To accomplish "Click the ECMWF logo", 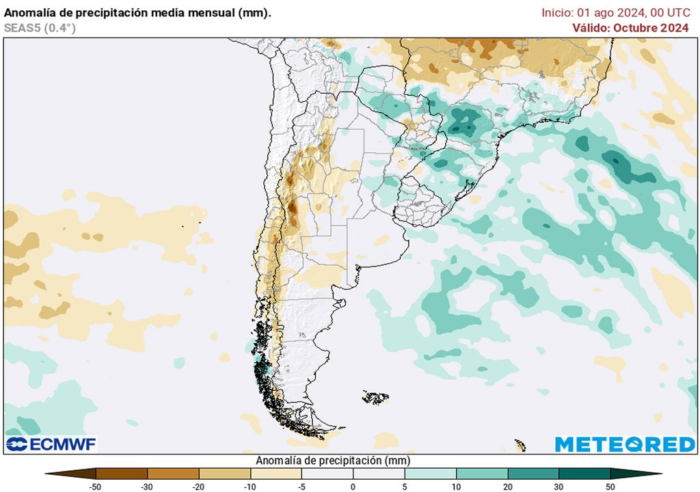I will tap(51, 444).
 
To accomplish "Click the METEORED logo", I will tap(625, 444).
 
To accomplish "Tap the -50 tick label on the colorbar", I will tap(96, 487).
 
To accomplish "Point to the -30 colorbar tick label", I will tap(148, 487).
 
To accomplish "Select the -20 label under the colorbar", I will tap(199, 487).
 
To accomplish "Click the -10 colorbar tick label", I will tap(250, 487).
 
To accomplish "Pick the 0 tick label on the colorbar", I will tap(353, 487).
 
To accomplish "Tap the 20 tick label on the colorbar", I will tap(507, 487).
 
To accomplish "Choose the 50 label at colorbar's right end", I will tap(610, 487).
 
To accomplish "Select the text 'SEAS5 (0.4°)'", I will tap(40, 27).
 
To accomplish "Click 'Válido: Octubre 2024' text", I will tap(630, 27).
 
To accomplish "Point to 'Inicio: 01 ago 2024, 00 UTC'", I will tap(615, 12).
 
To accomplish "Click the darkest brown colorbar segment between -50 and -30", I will tap(122, 473).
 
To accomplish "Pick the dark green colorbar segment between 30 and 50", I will tap(584, 473).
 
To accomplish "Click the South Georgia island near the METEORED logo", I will tap(520, 446).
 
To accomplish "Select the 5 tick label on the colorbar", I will tap(405, 487).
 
